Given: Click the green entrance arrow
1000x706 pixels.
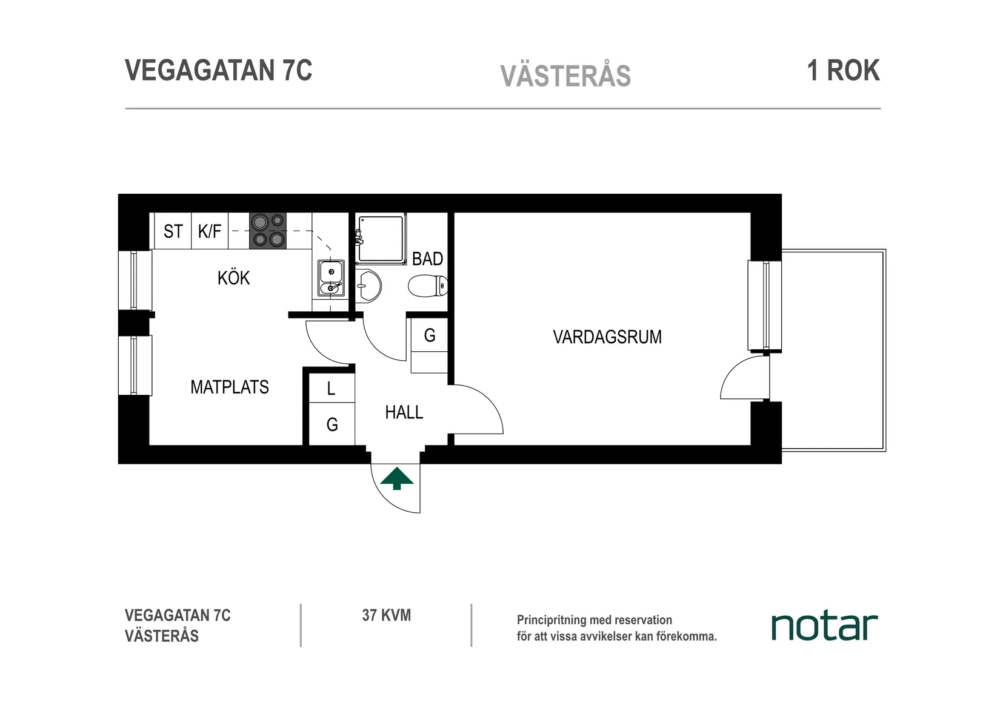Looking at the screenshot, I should coord(397,478).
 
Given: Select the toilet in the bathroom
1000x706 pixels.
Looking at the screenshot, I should coord(428,286).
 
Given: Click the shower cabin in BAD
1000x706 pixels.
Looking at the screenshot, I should coord(381,239).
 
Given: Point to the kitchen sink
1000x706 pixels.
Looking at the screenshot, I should coord(331,278).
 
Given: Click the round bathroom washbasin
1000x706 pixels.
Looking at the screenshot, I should coord(368,285).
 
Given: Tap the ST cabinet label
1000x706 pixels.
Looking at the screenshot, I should coord(173,231).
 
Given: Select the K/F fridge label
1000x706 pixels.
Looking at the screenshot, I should coord(210,231).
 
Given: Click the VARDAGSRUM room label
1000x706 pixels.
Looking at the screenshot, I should coord(607,337).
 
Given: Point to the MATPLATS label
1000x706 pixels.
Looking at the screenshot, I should coord(229,388).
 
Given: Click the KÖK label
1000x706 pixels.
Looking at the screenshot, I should coord(233,279).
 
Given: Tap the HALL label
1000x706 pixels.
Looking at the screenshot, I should coord(404,413).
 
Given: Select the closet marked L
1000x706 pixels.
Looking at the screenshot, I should coord(331,389).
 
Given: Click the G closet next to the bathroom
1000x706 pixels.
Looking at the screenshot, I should coord(430,335).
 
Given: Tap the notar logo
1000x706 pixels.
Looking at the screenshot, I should coord(824,627).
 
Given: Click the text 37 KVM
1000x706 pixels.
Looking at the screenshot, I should coord(386,616).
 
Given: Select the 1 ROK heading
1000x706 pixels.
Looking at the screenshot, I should coord(843,71).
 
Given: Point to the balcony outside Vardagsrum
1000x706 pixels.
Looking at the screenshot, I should coord(833,350).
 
